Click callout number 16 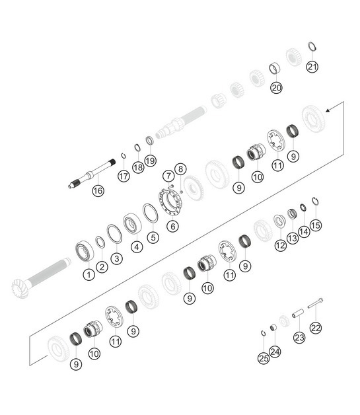click(98, 191)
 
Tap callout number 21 click(312, 66)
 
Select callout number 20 click(276, 87)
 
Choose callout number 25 click(264, 358)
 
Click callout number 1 click(88, 273)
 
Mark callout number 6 click(172, 225)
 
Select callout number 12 click(281, 245)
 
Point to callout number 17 click(124, 176)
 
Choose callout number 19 click(151, 160)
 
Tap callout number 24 click(275, 352)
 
